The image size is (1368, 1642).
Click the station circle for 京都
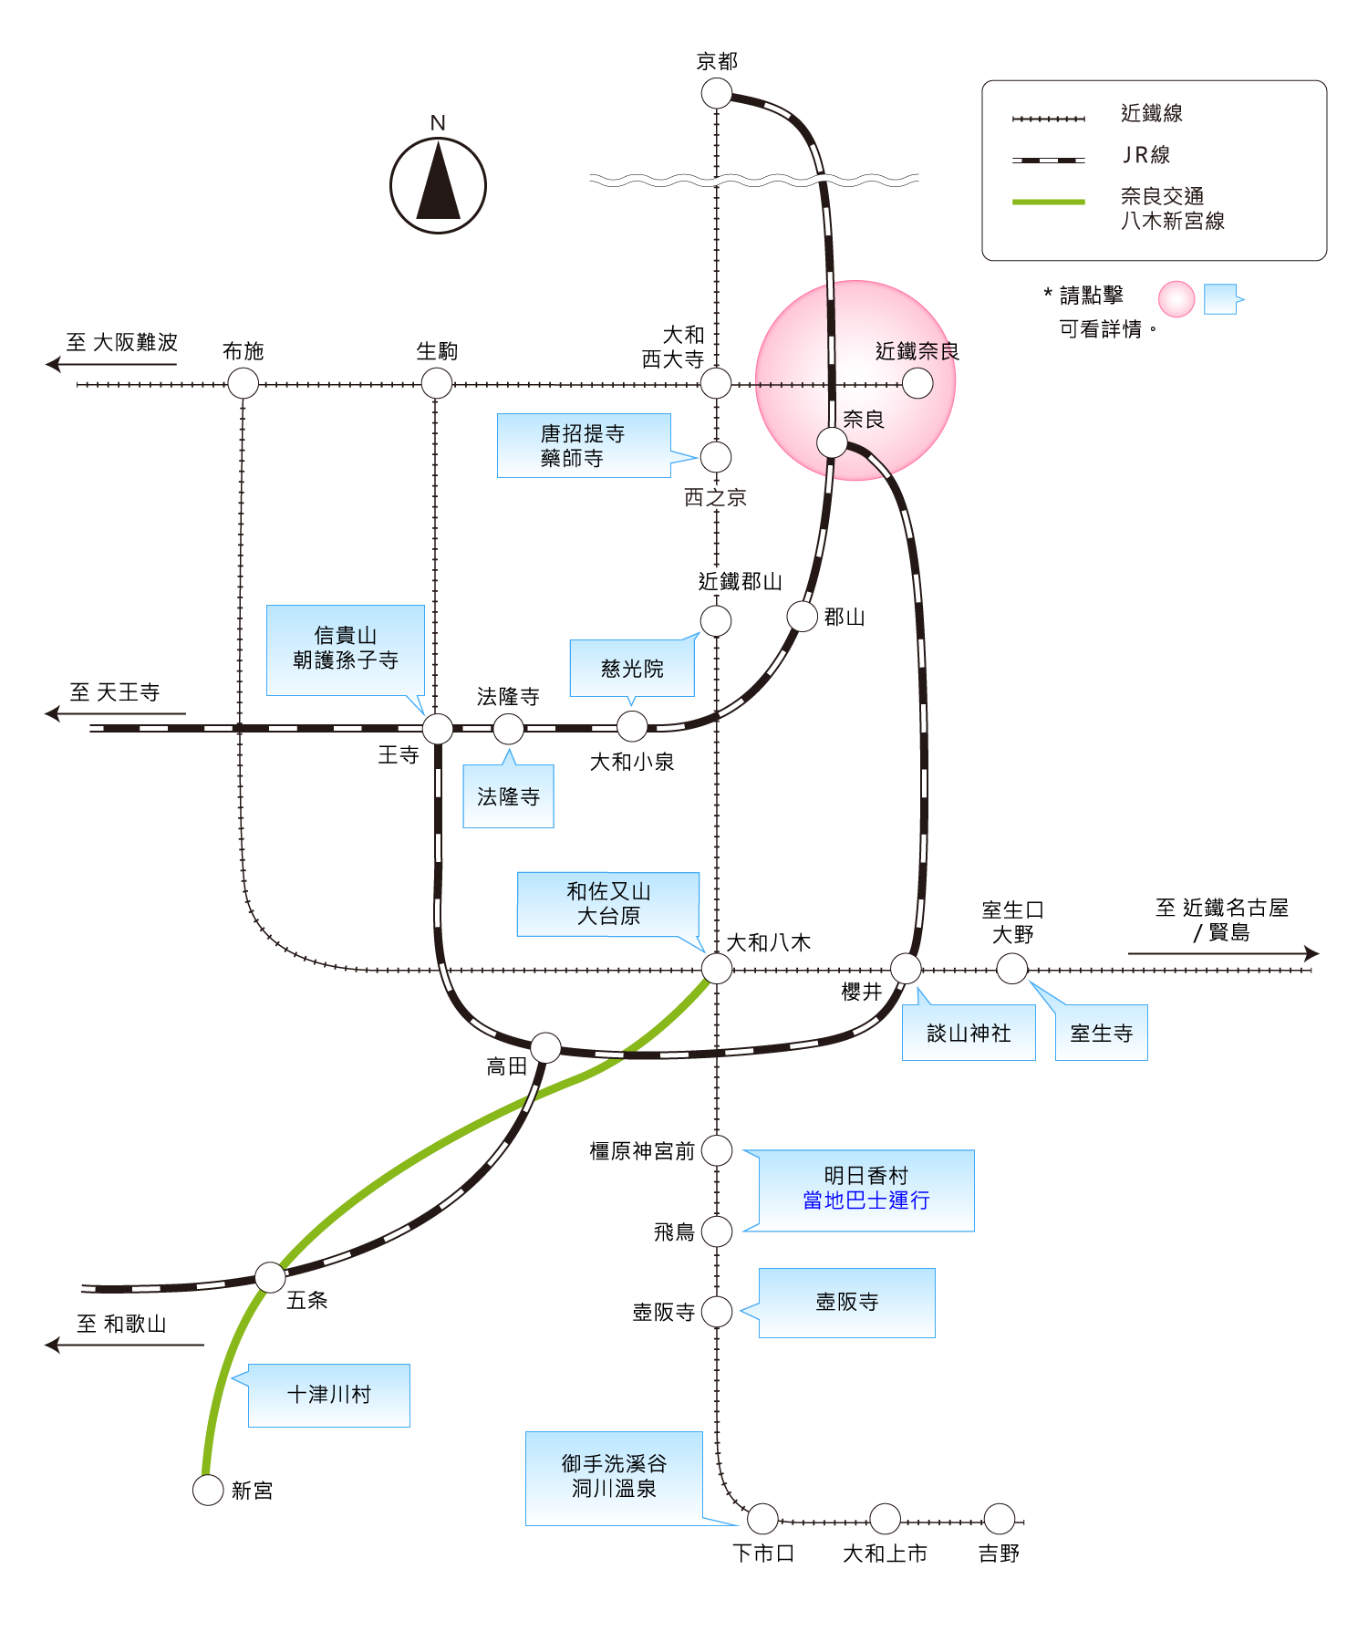(717, 93)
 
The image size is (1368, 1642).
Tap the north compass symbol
(438, 185)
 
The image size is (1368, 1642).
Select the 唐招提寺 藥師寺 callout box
(584, 445)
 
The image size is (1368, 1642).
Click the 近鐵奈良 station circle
(917, 383)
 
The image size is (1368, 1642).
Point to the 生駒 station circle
(437, 383)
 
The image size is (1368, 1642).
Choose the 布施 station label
(244, 351)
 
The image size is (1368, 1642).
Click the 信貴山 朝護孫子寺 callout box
(346, 650)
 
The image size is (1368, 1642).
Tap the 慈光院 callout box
(632, 668)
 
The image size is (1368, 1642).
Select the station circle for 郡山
(803, 617)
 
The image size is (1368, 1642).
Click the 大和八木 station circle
(717, 969)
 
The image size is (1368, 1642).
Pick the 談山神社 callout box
(969, 1033)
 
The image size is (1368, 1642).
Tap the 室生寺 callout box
(1101, 1033)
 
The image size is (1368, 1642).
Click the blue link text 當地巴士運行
(866, 1200)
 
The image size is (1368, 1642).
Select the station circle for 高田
(545, 1048)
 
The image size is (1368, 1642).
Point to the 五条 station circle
(270, 1277)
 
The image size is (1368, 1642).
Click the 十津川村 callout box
(329, 1396)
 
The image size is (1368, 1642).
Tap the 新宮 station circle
(208, 1491)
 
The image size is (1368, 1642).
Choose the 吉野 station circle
(1000, 1519)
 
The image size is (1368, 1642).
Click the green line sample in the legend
(1049, 202)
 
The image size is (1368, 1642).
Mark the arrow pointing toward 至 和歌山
(125, 1345)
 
